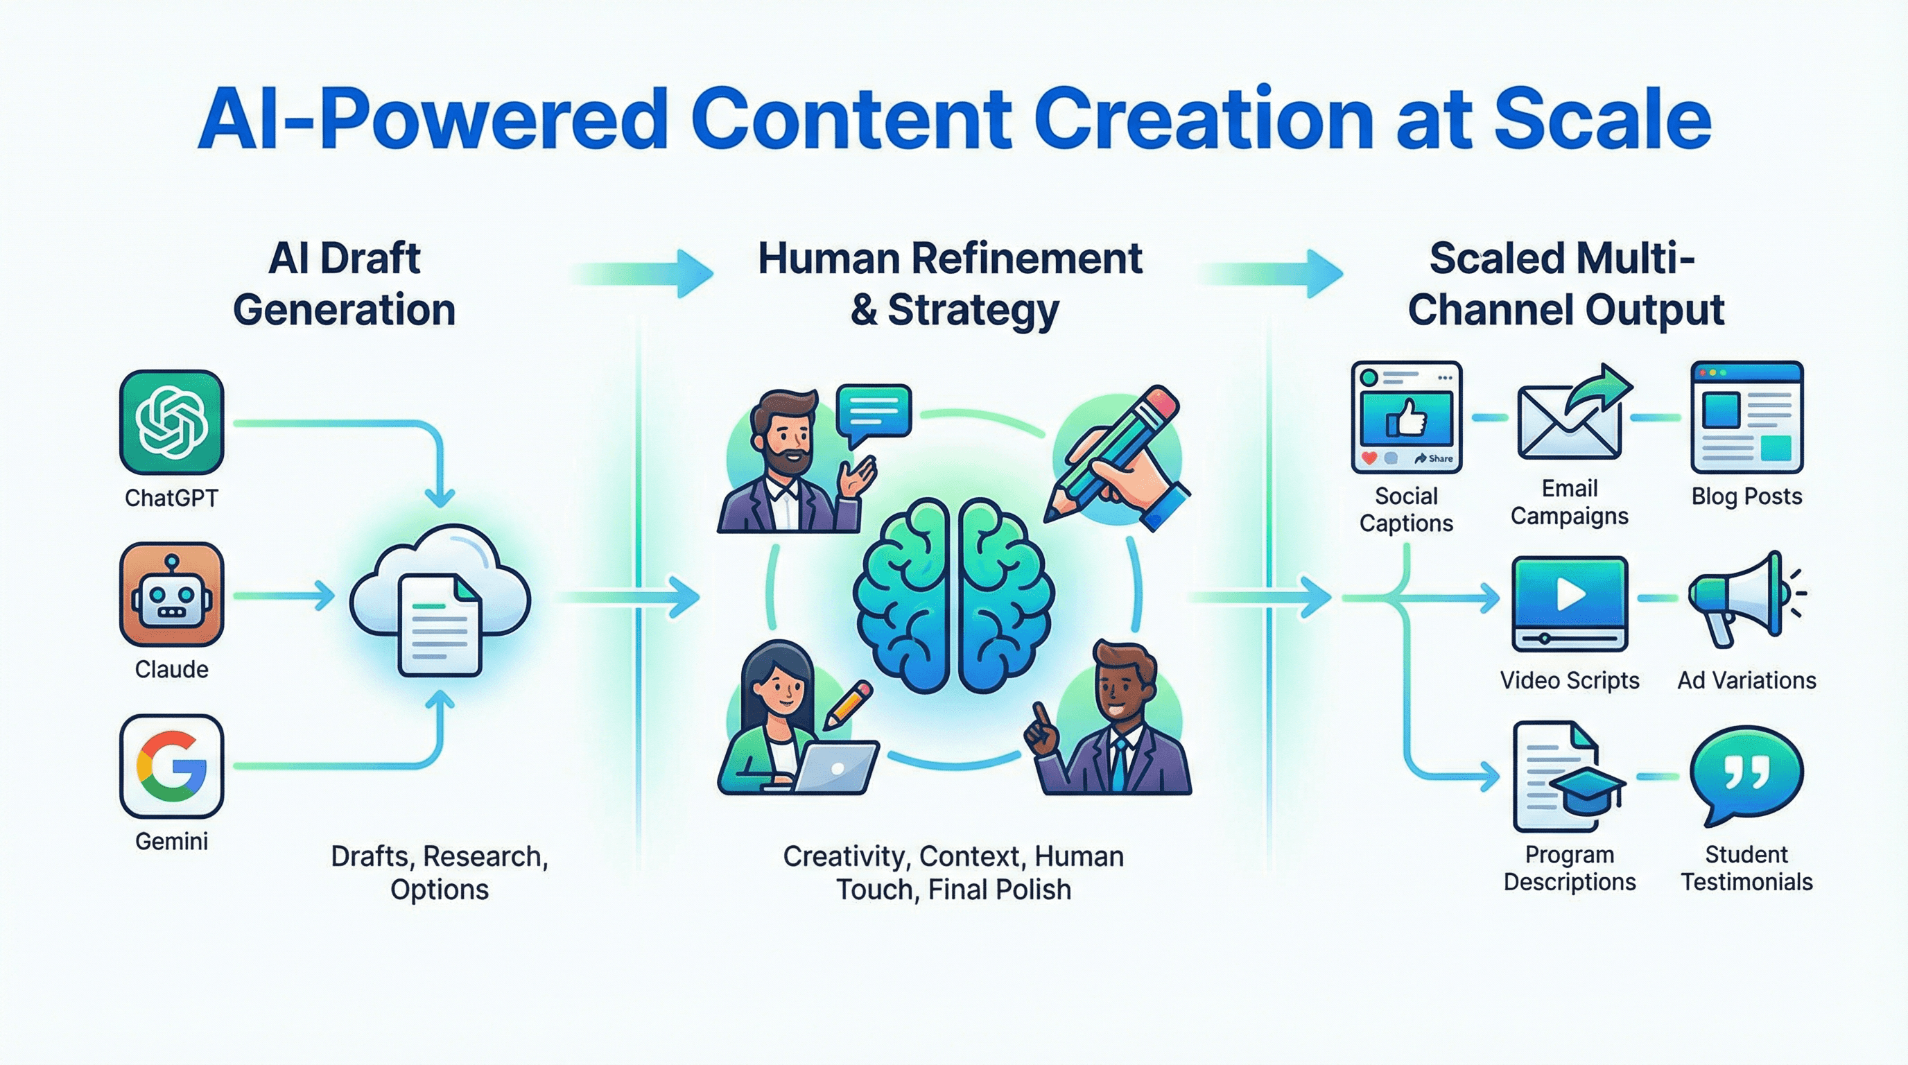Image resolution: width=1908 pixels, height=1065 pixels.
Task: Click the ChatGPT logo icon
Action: pos(171,422)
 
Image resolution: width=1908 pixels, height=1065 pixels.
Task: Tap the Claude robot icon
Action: pos(171,594)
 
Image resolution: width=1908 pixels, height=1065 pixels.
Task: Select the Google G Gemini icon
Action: pos(171,765)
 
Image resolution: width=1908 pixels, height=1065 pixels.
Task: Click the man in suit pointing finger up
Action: pos(1111,726)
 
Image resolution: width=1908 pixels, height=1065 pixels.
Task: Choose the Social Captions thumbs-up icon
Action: pos(1406,417)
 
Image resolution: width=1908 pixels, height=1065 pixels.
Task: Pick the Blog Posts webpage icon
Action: pos(1746,417)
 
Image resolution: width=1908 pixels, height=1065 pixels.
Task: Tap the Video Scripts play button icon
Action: pos(1569,601)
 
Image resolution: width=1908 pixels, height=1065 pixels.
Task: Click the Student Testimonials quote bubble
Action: pos(1746,774)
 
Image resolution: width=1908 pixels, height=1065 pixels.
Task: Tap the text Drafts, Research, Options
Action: pos(440,872)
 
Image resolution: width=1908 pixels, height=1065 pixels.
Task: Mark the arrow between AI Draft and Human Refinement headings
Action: pos(644,274)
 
